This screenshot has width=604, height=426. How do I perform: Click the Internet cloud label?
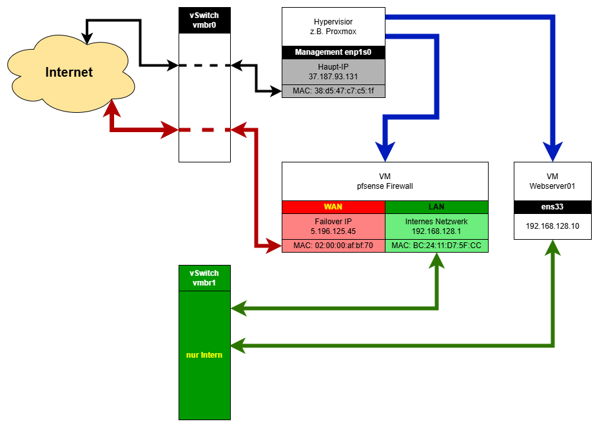(x=69, y=72)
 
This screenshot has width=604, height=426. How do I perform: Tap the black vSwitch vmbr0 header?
(x=204, y=20)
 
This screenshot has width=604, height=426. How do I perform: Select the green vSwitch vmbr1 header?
(x=204, y=278)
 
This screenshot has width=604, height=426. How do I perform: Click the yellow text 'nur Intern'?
(x=204, y=355)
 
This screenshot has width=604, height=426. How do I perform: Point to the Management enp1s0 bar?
(x=333, y=52)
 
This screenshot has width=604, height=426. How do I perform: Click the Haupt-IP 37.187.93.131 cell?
(x=333, y=72)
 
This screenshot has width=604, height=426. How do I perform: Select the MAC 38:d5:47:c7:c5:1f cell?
(x=333, y=91)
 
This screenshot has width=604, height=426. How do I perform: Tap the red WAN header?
(x=333, y=207)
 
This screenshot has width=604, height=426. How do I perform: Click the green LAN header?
(x=436, y=207)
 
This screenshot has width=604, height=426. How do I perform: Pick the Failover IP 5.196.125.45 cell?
(x=333, y=226)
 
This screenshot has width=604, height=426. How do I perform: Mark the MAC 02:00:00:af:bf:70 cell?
(x=333, y=246)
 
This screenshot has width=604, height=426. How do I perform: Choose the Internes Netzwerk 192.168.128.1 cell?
(x=436, y=226)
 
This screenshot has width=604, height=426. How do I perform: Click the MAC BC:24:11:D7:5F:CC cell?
(x=436, y=246)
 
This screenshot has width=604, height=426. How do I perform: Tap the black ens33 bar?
(x=552, y=207)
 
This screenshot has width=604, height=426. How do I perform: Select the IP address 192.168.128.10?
(x=552, y=226)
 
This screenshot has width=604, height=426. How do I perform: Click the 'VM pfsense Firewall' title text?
(x=385, y=181)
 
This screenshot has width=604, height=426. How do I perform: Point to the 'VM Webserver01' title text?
(x=552, y=181)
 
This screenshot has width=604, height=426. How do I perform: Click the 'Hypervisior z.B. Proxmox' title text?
(x=333, y=26)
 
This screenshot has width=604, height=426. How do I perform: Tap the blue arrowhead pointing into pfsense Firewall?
(x=385, y=152)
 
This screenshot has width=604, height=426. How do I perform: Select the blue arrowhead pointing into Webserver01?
(x=552, y=152)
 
